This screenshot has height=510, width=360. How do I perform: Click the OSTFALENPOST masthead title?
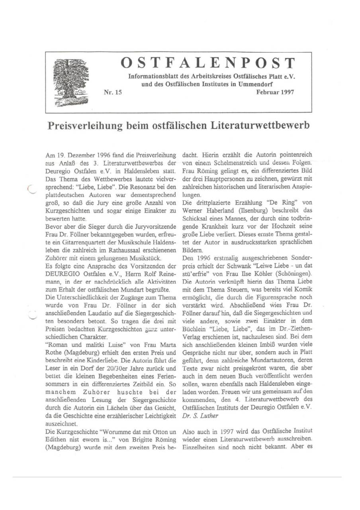208,63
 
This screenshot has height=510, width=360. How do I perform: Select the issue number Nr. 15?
113,92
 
